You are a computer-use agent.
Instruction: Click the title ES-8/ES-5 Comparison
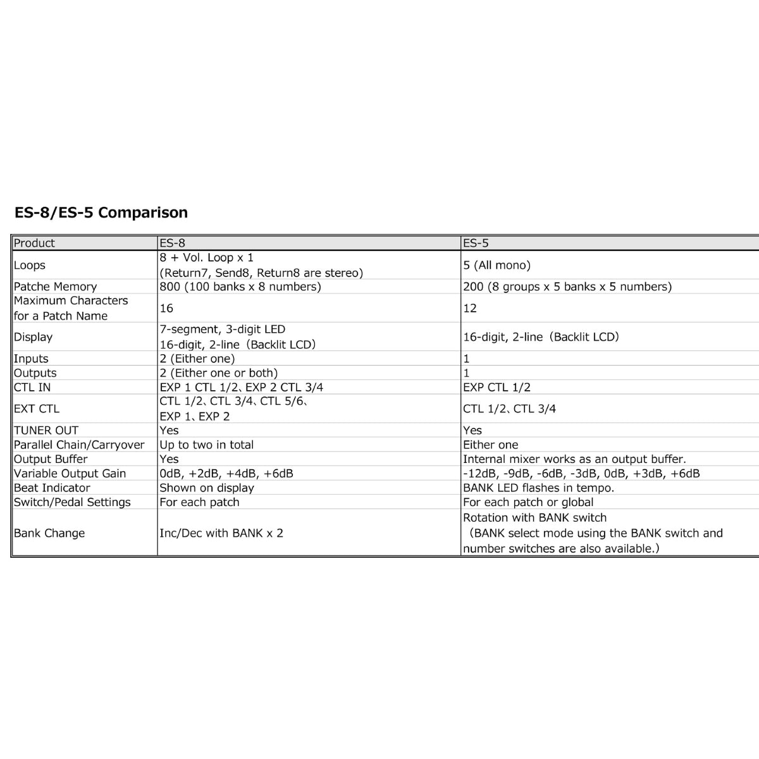coord(101,213)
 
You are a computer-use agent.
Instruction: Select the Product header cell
coord(34,243)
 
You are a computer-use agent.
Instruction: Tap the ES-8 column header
coord(172,243)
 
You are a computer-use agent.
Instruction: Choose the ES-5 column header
coord(476,243)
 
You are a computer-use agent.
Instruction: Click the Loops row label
coord(30,266)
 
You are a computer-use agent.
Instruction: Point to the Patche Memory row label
coord(55,287)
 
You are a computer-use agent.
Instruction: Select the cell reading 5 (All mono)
coord(497,266)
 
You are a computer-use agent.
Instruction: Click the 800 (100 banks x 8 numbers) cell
coord(240,287)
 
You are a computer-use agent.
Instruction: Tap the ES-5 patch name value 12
coord(470,308)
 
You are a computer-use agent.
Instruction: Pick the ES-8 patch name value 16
coord(166,308)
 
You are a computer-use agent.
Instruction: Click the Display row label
coord(33,337)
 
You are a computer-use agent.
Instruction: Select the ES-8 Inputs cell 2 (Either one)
coord(197,359)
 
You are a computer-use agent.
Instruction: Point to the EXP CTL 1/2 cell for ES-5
coord(497,387)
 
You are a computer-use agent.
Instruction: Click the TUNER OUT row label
coord(46,430)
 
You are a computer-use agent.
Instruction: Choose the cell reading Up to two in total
coord(206,445)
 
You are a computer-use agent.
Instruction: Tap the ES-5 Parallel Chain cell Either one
coord(490,445)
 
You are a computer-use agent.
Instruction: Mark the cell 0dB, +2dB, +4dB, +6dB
coord(226,473)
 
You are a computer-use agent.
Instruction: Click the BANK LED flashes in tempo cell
coord(538,488)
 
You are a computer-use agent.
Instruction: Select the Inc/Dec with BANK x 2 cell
coord(221,533)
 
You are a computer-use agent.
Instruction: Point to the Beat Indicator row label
coord(52,488)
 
